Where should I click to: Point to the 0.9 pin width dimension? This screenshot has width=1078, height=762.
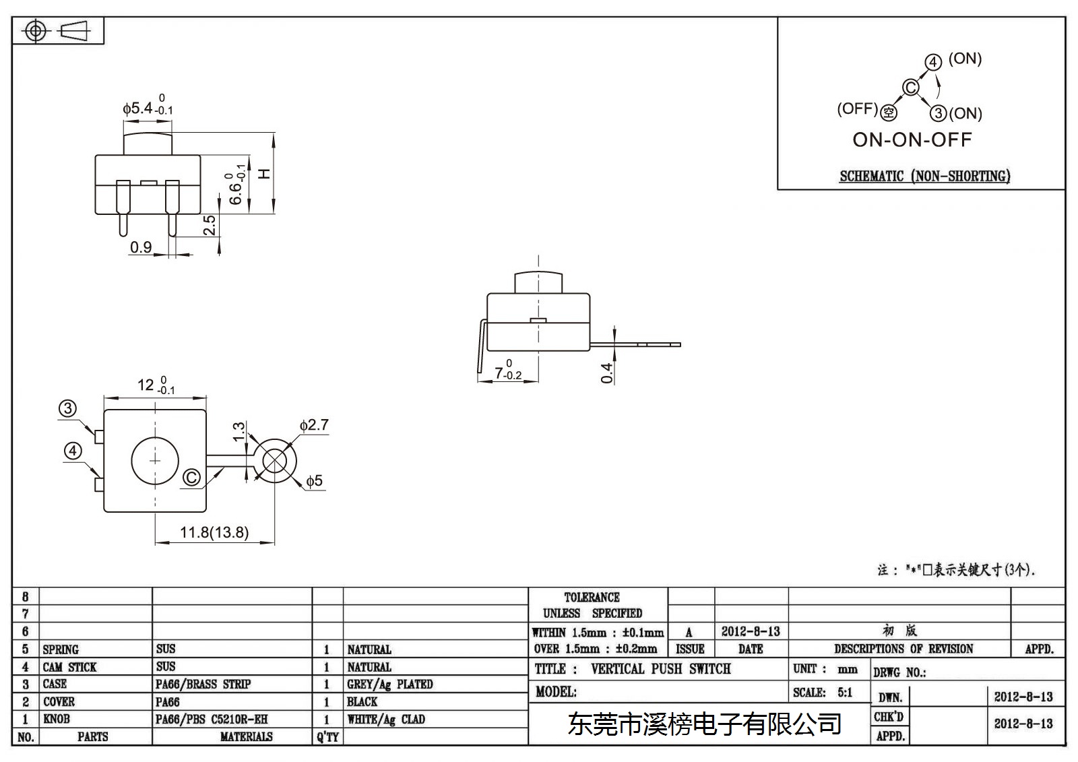pyautogui.click(x=141, y=247)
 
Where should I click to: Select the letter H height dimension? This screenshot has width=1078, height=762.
pyautogui.click(x=265, y=173)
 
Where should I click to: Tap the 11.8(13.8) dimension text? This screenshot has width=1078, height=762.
pyautogui.click(x=215, y=532)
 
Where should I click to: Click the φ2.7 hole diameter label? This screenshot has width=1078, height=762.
pyautogui.click(x=314, y=425)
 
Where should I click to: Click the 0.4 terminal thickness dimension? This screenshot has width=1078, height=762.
pyautogui.click(x=607, y=373)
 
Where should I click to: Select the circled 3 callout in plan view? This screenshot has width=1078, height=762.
pyautogui.click(x=68, y=409)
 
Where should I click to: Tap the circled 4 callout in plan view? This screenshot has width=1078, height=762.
pyautogui.click(x=73, y=451)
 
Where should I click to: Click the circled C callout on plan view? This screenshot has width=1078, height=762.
pyautogui.click(x=191, y=478)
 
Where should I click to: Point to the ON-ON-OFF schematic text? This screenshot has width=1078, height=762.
pyautogui.click(x=912, y=140)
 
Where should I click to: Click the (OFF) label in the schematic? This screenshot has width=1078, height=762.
pyautogui.click(x=858, y=108)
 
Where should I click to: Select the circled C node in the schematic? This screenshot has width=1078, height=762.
pyautogui.click(x=910, y=88)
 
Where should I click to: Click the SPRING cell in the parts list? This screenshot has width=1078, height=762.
pyautogui.click(x=61, y=649)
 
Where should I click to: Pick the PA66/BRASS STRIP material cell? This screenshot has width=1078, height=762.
pyautogui.click(x=203, y=684)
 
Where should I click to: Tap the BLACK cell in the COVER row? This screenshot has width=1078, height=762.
pyautogui.click(x=362, y=701)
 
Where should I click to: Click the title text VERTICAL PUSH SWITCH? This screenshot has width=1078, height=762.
pyautogui.click(x=661, y=668)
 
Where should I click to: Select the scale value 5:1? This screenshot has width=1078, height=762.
pyautogui.click(x=845, y=692)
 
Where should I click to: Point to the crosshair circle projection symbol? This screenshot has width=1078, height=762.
pyautogui.click(x=36, y=31)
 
